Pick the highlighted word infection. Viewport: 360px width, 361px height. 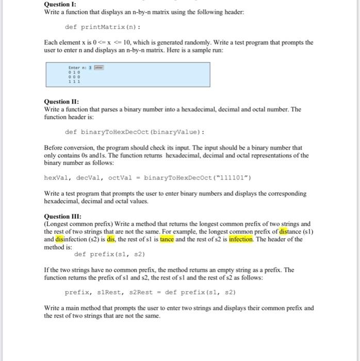(x=244, y=239)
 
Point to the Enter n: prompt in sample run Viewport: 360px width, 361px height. (x=76, y=68)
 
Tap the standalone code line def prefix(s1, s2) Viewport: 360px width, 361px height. (x=109, y=254)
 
